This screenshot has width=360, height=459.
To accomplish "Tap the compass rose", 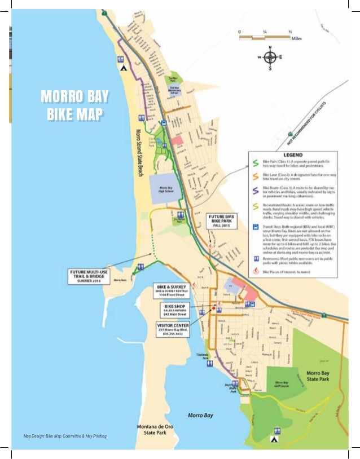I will coord(270,58).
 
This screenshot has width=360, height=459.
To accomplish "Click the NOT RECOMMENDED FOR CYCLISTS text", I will coord(322,107).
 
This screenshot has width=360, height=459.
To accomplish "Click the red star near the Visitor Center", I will coord(213,308).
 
